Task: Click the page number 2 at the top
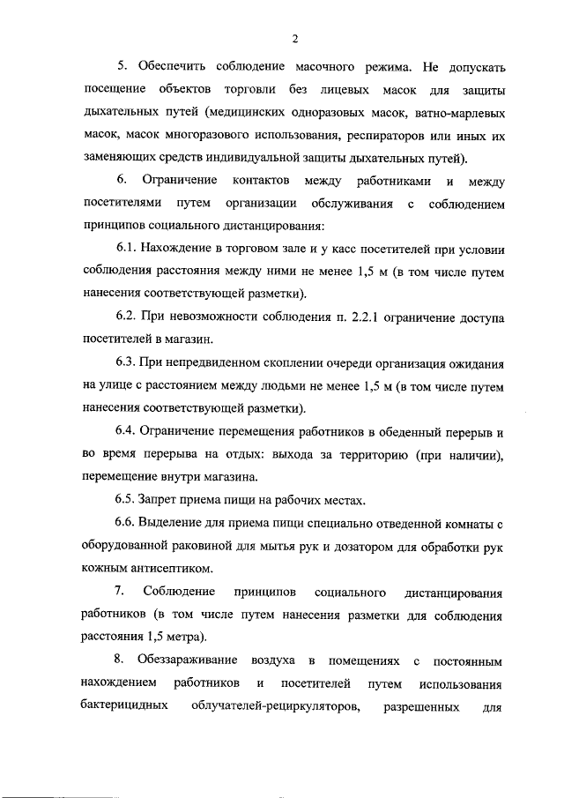pos(295,38)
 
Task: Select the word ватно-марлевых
pos(450,113)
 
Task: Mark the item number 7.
pos(119,592)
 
